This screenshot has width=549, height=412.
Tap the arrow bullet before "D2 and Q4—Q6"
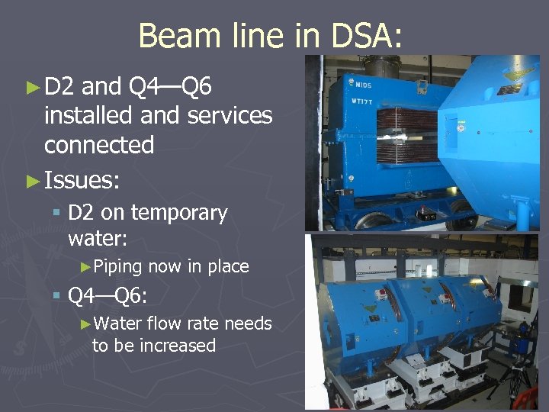(x=32, y=88)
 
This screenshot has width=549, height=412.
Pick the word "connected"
(x=99, y=144)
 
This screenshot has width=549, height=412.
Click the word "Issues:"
(x=82, y=180)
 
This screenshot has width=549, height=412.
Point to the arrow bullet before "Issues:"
(x=32, y=180)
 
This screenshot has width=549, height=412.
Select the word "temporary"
(x=180, y=213)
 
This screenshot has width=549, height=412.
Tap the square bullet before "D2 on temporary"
(x=57, y=214)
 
